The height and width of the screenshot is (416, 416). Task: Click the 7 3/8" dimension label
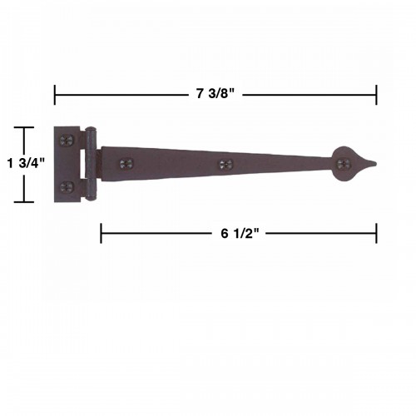click(x=215, y=94)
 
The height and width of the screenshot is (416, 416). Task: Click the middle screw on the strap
click(x=223, y=165)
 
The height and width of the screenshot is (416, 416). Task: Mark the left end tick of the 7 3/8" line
click(x=55, y=94)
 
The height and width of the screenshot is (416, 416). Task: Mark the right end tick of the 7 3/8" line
click(x=377, y=94)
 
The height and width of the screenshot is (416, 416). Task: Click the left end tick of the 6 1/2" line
click(x=102, y=234)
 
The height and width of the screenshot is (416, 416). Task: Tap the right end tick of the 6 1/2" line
click(x=377, y=234)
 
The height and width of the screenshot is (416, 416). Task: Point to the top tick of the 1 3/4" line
click(x=24, y=127)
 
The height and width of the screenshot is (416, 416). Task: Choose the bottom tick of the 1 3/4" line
click(x=24, y=202)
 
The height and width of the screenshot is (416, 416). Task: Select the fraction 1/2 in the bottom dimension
click(x=243, y=234)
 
